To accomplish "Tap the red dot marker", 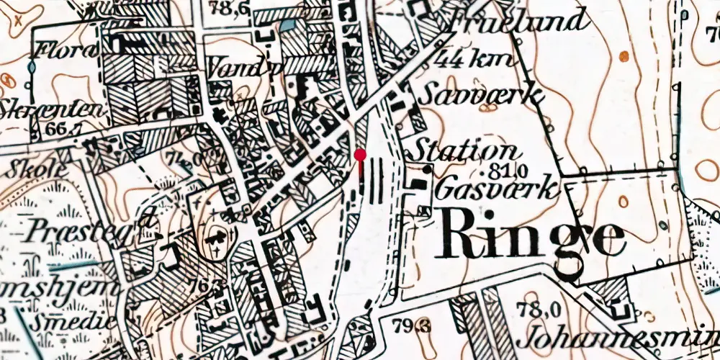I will tap(360, 154).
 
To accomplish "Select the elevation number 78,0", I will tap(539, 310).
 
